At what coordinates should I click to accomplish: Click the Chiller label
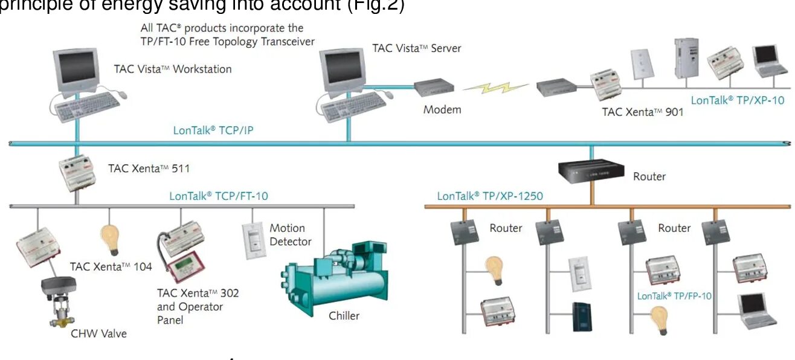(x=344, y=316)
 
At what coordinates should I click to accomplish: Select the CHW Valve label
(x=99, y=333)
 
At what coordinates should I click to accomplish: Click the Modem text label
(x=442, y=110)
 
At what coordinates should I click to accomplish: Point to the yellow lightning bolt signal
(x=495, y=89)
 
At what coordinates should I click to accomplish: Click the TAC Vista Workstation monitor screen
(x=77, y=68)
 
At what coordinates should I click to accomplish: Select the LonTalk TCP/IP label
(x=213, y=129)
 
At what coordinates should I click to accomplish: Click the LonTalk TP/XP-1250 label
(x=490, y=196)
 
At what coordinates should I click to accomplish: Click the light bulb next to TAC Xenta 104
(x=109, y=239)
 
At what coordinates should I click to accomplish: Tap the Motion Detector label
(x=290, y=235)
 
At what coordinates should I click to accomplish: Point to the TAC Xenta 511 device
(x=77, y=173)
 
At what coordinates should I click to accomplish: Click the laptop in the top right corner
(x=770, y=62)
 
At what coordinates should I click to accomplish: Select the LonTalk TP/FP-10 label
(x=674, y=296)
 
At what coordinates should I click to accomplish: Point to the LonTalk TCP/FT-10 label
(x=219, y=196)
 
